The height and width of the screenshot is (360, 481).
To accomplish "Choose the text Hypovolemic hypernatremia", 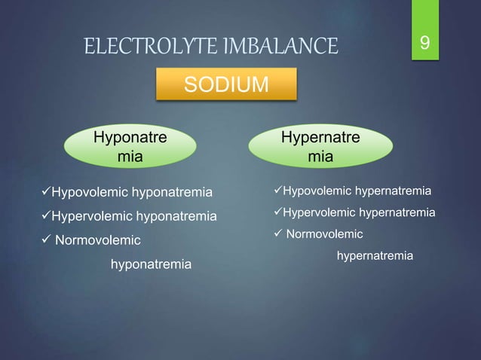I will tap(357, 188).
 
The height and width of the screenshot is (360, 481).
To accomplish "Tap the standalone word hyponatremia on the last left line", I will tap(151, 265).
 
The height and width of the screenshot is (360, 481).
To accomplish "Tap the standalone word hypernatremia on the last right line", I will tap(375, 257).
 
